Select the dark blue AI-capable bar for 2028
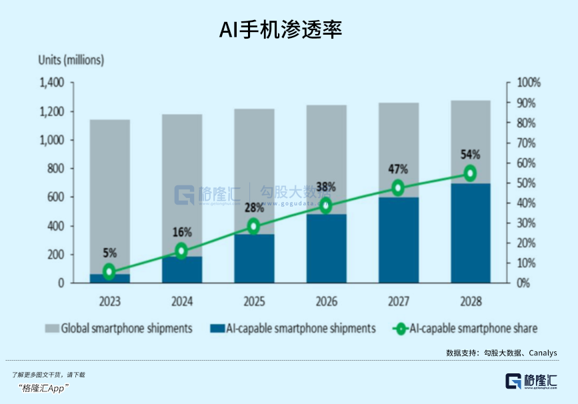pyautogui.click(x=470, y=233)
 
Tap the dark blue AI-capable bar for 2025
pyautogui.click(x=254, y=259)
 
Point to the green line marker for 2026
pyautogui.click(x=326, y=205)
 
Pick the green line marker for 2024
pyautogui.click(x=181, y=251)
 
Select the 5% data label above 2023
pyautogui.click(x=109, y=253)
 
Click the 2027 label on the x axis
pyautogui.click(x=398, y=301)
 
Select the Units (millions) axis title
pyautogui.click(x=71, y=60)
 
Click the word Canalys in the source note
pyautogui.click(x=541, y=353)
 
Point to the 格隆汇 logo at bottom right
pyautogui.click(x=531, y=381)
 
